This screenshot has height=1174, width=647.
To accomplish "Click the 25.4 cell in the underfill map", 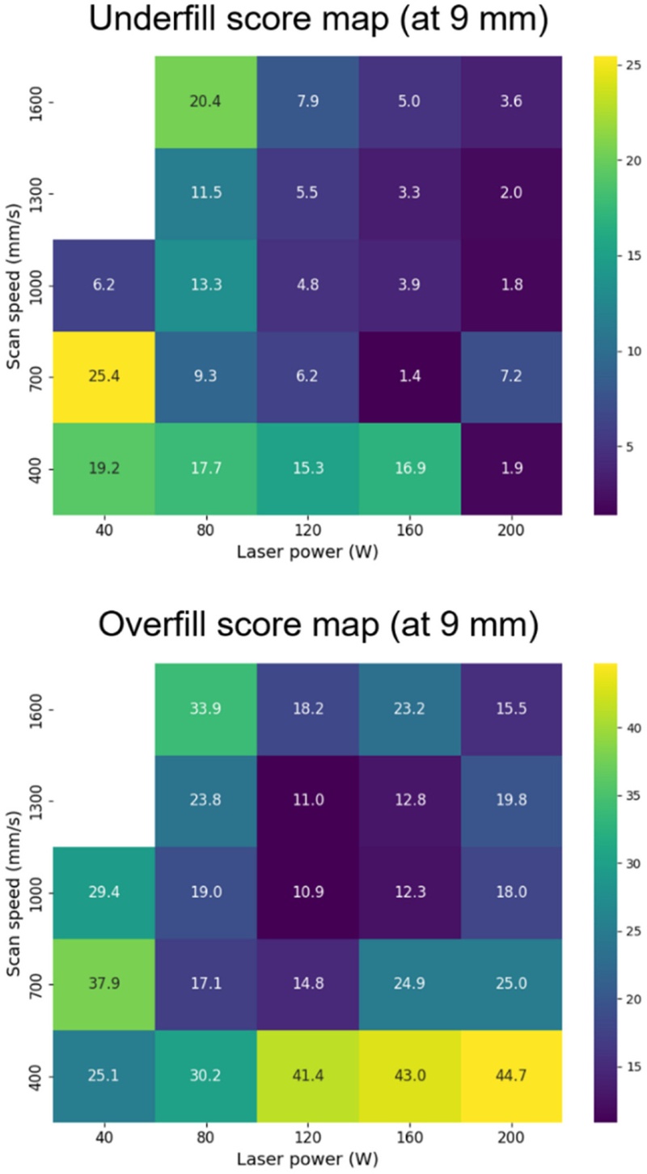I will (104, 377).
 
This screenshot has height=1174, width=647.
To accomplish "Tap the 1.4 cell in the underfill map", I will (409, 377).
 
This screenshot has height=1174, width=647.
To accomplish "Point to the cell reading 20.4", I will (205, 102).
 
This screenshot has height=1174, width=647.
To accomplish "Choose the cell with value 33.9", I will (205, 710).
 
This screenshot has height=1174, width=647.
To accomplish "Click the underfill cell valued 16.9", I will (409, 468).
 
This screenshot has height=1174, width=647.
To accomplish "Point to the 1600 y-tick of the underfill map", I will (38, 102).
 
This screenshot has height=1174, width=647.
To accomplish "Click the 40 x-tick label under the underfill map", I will (104, 531).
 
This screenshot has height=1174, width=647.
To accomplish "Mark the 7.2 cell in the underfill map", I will (511, 377).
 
